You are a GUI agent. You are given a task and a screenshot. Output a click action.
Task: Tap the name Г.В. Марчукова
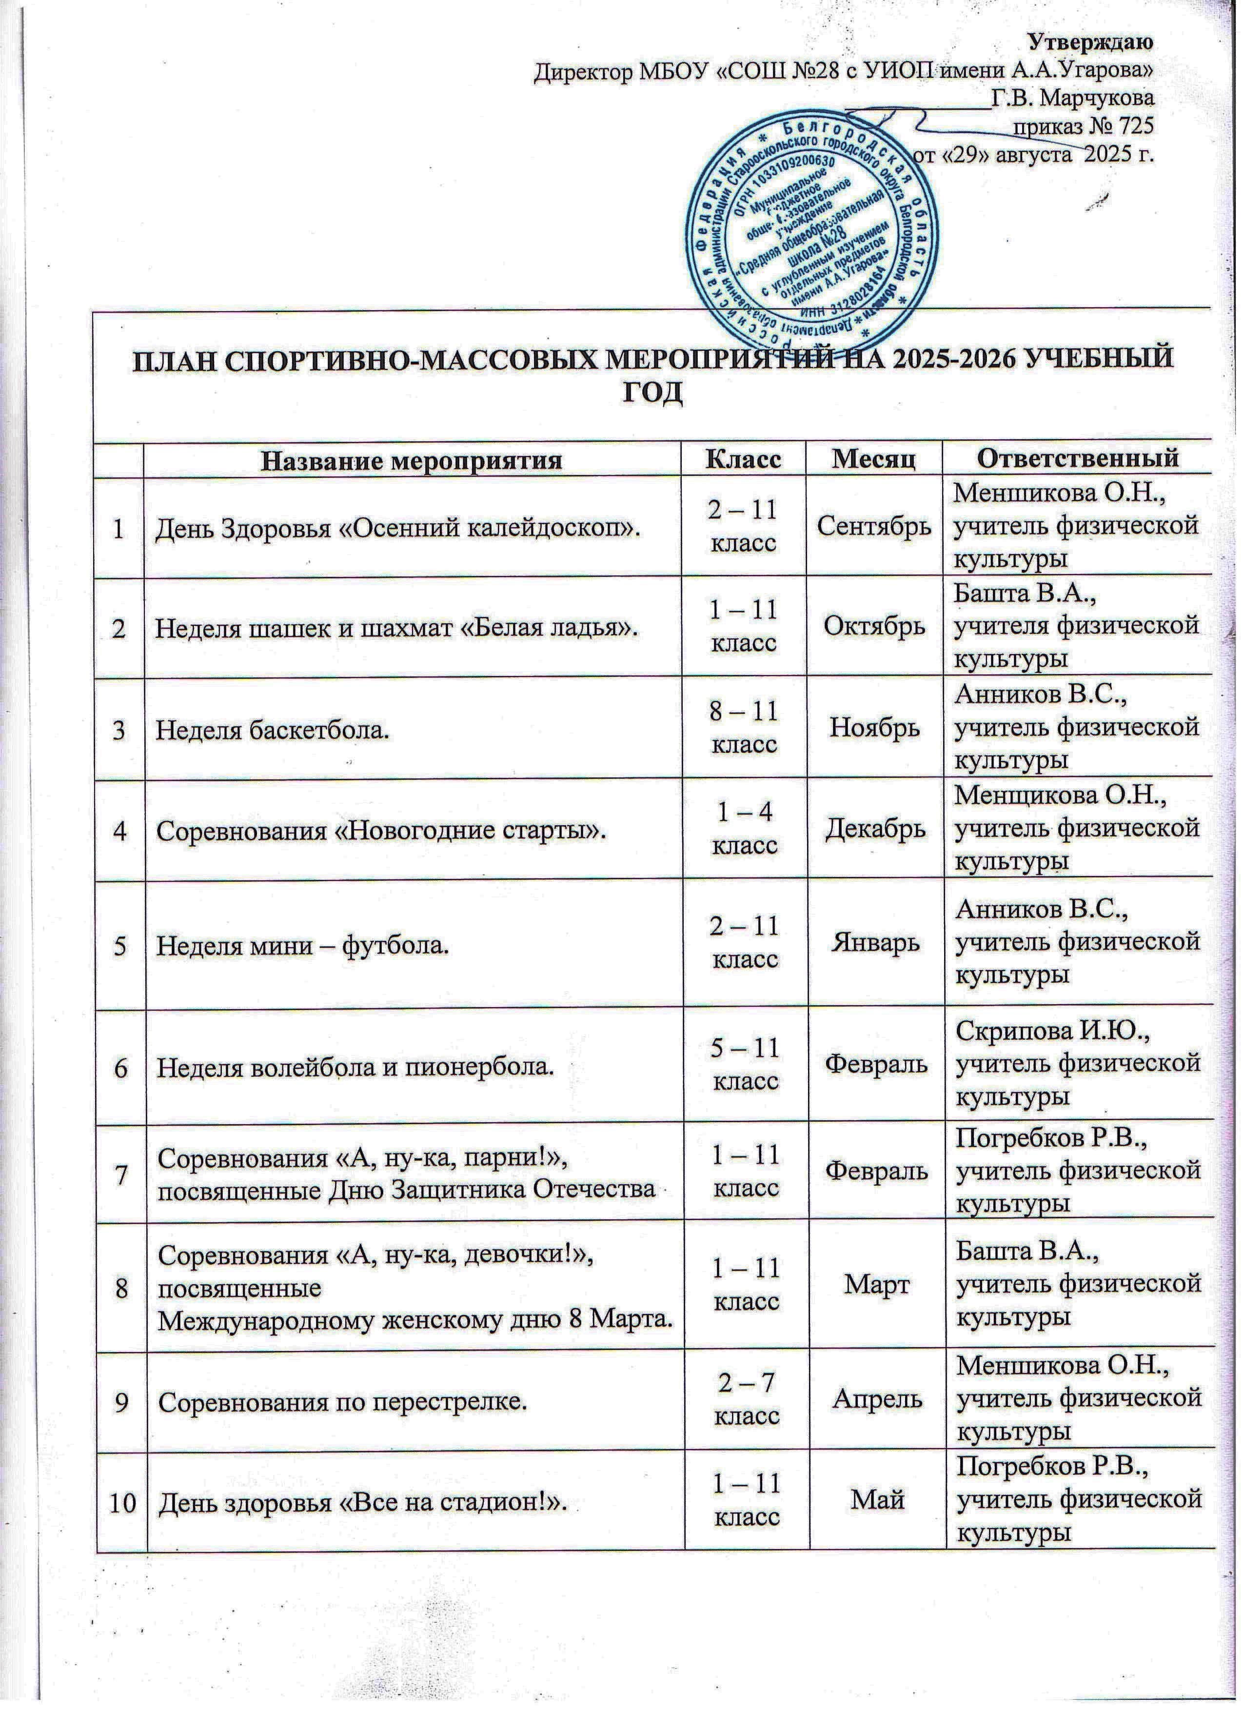click(x=1072, y=98)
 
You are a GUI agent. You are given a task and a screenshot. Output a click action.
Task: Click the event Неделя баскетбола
click(x=273, y=730)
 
